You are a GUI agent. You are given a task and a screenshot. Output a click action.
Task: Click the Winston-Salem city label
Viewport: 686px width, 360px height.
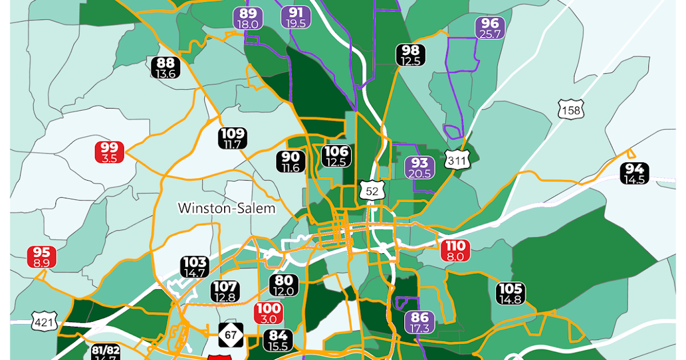pyautogui.click(x=226, y=208)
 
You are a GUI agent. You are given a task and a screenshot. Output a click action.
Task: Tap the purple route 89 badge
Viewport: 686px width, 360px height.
pyautogui.click(x=248, y=18)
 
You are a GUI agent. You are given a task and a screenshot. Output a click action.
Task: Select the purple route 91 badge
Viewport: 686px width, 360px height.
pyautogui.click(x=296, y=18)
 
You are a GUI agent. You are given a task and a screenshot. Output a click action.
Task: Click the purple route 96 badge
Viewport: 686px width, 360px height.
pyautogui.click(x=490, y=28)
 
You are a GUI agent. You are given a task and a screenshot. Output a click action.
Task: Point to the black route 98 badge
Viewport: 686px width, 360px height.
pyautogui.click(x=410, y=55)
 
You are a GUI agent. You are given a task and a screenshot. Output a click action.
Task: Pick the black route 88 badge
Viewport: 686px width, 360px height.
pyautogui.click(x=166, y=67)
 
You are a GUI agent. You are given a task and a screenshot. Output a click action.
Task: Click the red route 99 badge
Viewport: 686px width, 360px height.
pyautogui.click(x=109, y=152)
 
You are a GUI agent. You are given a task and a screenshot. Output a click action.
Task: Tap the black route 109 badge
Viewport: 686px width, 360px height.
pyautogui.click(x=233, y=139)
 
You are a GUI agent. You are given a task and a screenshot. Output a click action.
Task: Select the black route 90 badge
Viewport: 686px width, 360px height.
pyautogui.click(x=290, y=162)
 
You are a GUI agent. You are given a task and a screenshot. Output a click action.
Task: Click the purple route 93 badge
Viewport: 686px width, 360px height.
pyautogui.click(x=420, y=167)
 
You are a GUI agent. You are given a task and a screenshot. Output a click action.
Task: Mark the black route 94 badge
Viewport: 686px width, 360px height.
pyautogui.click(x=635, y=174)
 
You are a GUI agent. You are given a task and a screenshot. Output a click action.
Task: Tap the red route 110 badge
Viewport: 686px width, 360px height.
pyautogui.click(x=456, y=251)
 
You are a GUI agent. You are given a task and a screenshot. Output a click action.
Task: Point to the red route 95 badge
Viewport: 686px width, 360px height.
pyautogui.click(x=42, y=257)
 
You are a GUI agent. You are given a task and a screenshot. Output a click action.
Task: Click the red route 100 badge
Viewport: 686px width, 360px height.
pyautogui.click(x=268, y=313)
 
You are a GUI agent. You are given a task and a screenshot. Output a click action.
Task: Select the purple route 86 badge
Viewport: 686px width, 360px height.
pyautogui.click(x=419, y=322)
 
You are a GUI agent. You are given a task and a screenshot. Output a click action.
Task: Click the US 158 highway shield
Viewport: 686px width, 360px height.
pyautogui.click(x=571, y=110)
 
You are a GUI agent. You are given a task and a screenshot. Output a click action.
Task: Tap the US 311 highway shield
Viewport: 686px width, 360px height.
pyautogui.click(x=457, y=161)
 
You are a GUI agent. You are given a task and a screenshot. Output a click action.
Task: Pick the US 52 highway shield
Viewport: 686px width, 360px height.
pyautogui.click(x=372, y=191)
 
